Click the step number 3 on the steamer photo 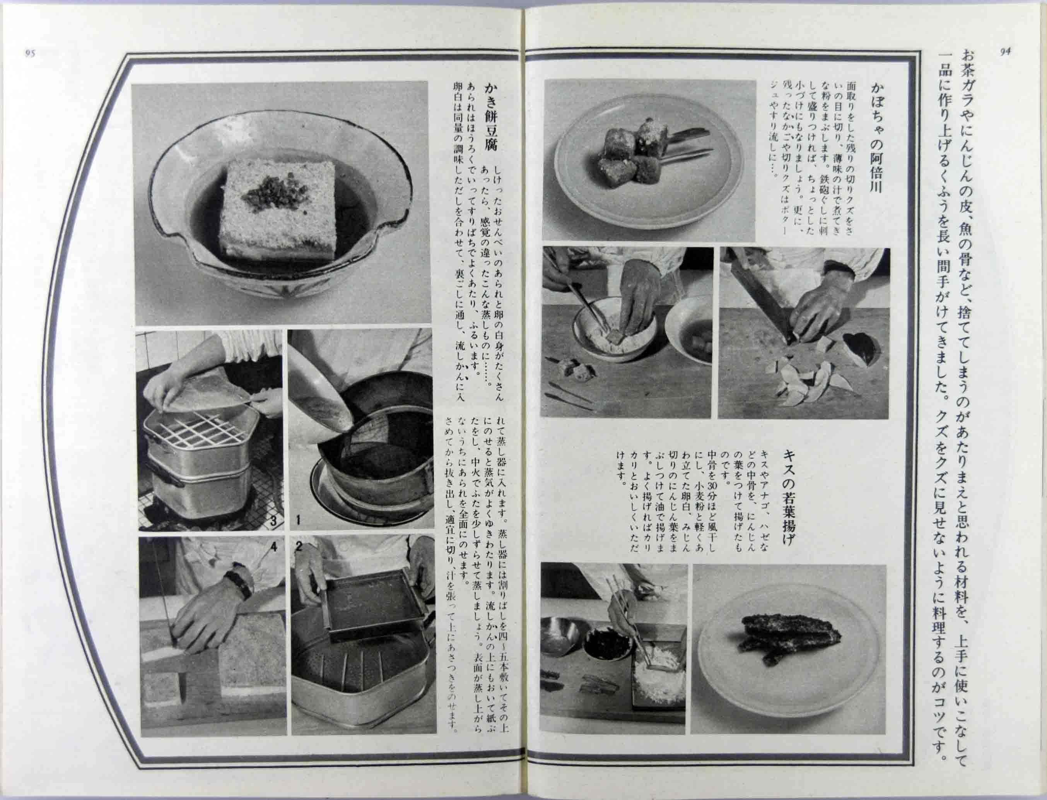274,520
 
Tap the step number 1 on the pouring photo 297,520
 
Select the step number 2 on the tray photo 299,547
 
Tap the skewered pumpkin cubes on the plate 631,147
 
